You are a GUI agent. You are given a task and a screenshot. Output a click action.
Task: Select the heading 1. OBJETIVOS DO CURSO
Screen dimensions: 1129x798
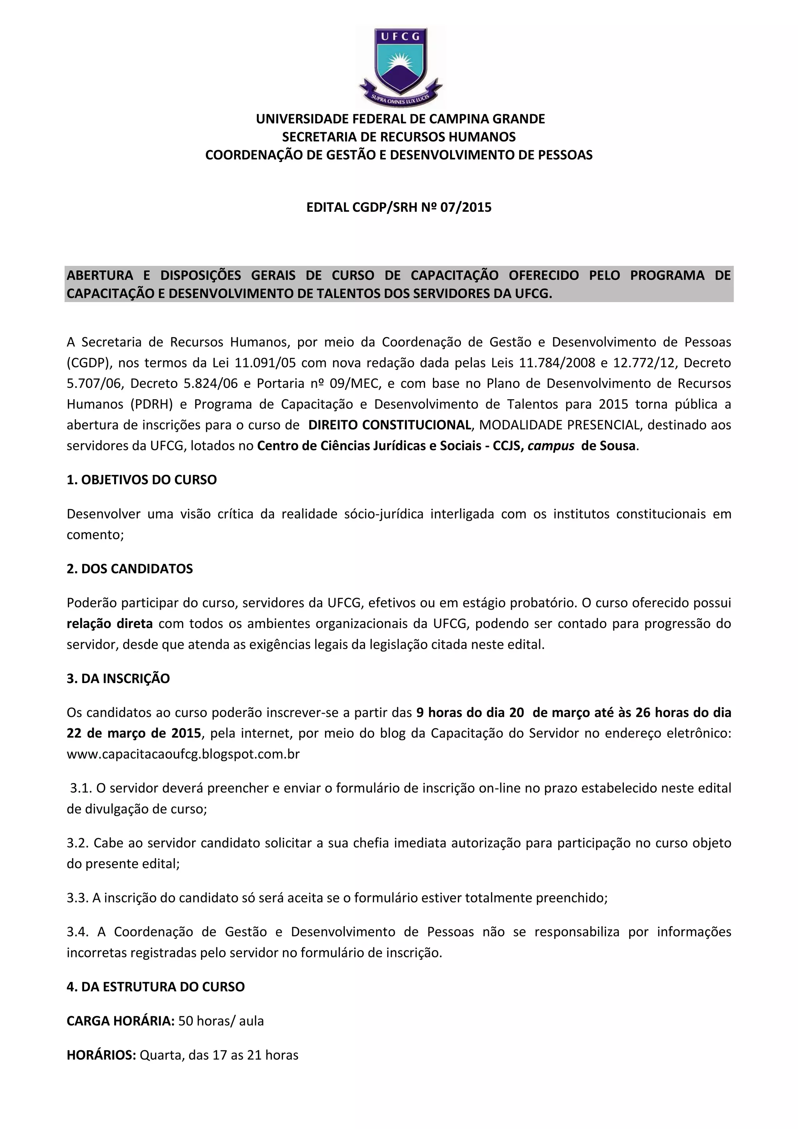pyautogui.click(x=141, y=480)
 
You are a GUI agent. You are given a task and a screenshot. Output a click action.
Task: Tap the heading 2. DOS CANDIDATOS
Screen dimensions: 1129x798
pyautogui.click(x=130, y=569)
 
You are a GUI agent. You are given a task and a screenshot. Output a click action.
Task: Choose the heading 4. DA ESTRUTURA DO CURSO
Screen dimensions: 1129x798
pyautogui.click(x=155, y=987)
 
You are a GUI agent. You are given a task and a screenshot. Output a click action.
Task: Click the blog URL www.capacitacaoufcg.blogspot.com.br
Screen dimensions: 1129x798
pyautogui.click(x=183, y=754)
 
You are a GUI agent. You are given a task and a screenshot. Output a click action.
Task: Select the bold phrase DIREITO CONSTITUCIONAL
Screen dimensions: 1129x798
pyautogui.click(x=389, y=425)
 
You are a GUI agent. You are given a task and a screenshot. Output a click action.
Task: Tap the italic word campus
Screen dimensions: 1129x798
pyautogui.click(x=551, y=446)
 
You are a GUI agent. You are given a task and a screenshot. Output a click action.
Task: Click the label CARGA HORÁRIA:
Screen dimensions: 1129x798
pyautogui.click(x=120, y=1021)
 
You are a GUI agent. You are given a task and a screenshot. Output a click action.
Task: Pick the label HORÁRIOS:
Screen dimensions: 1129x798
pyautogui.click(x=101, y=1055)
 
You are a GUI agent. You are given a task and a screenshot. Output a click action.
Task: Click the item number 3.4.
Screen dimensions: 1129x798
pyautogui.click(x=78, y=932)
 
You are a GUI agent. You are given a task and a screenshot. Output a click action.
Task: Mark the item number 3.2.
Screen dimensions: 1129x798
pyautogui.click(x=78, y=843)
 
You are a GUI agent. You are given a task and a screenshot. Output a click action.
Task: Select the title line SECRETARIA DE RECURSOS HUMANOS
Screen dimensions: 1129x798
pyautogui.click(x=399, y=137)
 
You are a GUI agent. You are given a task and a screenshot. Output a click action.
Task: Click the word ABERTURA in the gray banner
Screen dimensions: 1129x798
pyautogui.click(x=100, y=275)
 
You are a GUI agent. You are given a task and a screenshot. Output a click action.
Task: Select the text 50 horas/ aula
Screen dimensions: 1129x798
pyautogui.click(x=221, y=1021)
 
